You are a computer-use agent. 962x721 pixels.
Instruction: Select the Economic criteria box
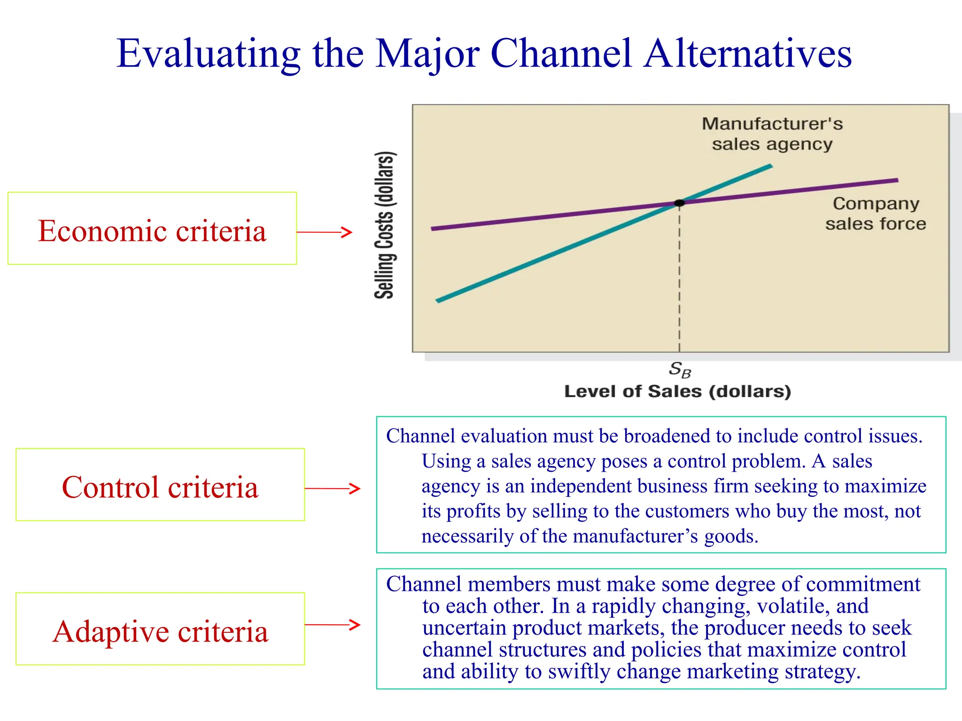pos(152,229)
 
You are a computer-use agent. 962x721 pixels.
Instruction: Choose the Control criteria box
pos(160,485)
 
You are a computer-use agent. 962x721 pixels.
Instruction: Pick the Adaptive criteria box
pos(160,629)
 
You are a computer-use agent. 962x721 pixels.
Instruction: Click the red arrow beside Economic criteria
pos(325,232)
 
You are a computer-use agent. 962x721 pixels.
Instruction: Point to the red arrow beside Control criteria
pos(333,489)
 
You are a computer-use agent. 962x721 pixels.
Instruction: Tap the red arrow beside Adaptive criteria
pos(333,625)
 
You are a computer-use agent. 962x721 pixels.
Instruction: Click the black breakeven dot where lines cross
pos(679,203)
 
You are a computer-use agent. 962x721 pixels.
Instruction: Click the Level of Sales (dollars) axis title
pos(677,391)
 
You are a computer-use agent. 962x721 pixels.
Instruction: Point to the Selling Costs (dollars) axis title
pos(385,225)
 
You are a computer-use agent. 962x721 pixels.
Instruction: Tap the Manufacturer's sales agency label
pos(772,134)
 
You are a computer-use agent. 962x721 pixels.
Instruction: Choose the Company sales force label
pos(876,214)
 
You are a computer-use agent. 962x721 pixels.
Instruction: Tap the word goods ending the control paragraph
pos(730,537)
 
